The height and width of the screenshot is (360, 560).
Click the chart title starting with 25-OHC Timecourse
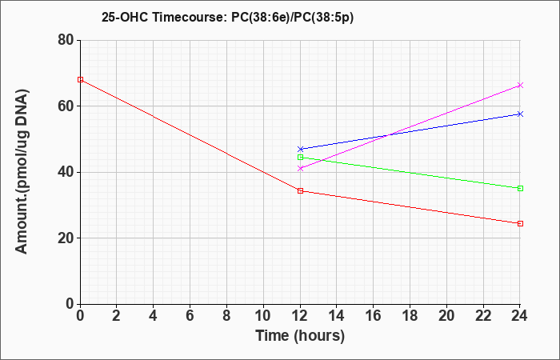(227, 18)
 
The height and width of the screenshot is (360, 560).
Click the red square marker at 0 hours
(80, 80)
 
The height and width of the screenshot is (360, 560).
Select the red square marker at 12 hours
(300, 190)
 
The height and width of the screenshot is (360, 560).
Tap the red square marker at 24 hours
(520, 223)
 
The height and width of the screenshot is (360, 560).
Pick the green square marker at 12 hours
(300, 157)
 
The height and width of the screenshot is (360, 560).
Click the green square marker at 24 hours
(520, 188)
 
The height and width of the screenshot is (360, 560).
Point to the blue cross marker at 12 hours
(300, 149)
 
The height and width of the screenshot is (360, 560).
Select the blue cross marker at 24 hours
(520, 114)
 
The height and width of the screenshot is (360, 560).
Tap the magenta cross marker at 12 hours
(300, 168)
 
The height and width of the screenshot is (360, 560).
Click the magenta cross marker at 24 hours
(520, 85)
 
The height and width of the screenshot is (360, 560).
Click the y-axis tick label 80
(66, 40)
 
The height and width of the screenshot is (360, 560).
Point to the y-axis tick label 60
(66, 106)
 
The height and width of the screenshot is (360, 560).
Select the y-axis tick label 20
(66, 238)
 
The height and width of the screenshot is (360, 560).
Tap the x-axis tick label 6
(190, 316)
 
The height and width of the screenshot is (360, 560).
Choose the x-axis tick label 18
(410, 316)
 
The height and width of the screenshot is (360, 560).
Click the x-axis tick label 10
(263, 316)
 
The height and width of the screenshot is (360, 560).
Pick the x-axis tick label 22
(483, 316)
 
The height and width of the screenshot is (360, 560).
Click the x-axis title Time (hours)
(300, 336)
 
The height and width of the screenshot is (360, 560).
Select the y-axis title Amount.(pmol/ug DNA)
(22, 171)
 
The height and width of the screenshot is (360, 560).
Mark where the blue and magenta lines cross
(388, 135)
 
